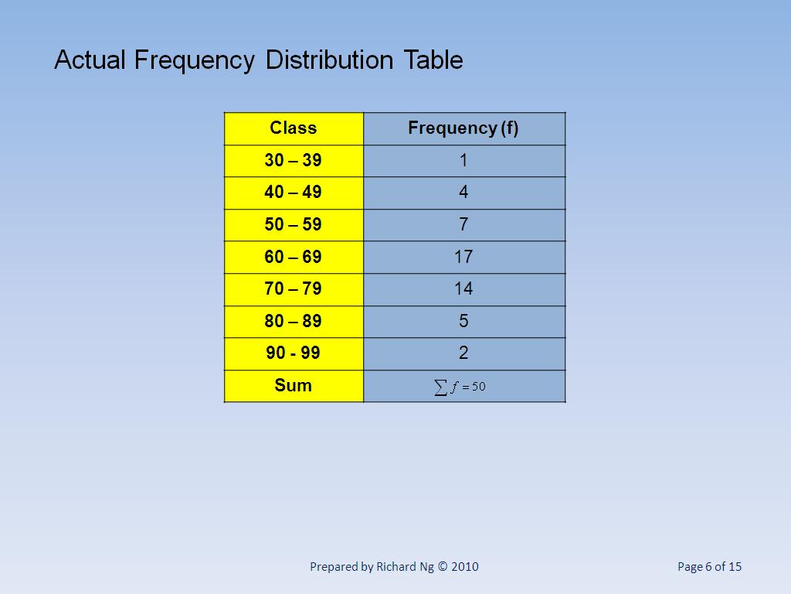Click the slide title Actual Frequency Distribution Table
[x=259, y=60]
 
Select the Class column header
[x=294, y=128]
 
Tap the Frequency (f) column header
[x=463, y=128]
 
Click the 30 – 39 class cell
[x=294, y=161]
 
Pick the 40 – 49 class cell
[x=294, y=193]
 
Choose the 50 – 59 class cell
[x=294, y=225]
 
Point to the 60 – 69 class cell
[x=294, y=257]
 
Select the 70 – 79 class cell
[x=294, y=289]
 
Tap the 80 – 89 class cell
[x=294, y=321]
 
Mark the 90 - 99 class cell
[x=294, y=353]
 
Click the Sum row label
[x=294, y=385]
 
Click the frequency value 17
[x=463, y=257]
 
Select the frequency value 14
[x=463, y=289]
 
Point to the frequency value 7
[x=463, y=225]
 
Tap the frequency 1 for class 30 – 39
[x=463, y=161]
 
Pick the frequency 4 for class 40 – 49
[x=463, y=193]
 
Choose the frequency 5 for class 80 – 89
[x=463, y=321]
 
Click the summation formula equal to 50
[x=460, y=387]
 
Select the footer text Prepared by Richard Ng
[x=394, y=567]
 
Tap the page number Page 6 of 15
[x=709, y=567]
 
